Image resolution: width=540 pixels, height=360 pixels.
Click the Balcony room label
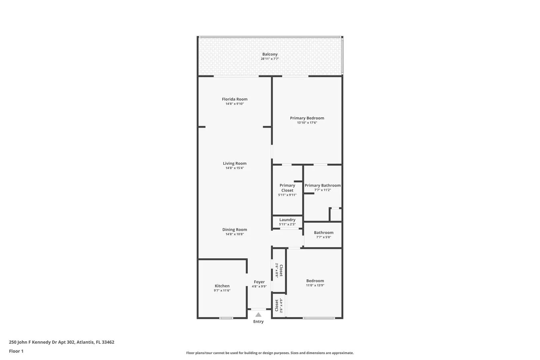click(x=270, y=54)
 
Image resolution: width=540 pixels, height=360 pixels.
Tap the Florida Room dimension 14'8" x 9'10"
click(x=235, y=104)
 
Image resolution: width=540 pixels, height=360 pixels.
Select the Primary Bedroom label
click(x=307, y=118)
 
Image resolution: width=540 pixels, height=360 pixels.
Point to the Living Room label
click(x=235, y=163)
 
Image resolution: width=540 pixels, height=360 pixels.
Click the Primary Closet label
click(x=287, y=188)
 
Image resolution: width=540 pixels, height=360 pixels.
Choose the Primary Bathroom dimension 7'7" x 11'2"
click(x=323, y=190)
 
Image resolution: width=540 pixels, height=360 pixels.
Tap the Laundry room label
click(x=287, y=220)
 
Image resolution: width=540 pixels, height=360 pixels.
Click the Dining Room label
click(x=235, y=230)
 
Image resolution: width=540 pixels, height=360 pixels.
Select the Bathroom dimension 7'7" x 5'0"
click(x=324, y=237)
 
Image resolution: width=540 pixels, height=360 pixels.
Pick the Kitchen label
click(x=222, y=286)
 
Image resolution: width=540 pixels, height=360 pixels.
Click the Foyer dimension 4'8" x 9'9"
click(x=259, y=286)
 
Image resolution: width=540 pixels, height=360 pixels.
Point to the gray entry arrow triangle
click(x=258, y=315)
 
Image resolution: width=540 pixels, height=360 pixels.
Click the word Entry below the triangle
click(x=258, y=322)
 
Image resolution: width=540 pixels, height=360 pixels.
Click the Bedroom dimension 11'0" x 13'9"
click(x=315, y=285)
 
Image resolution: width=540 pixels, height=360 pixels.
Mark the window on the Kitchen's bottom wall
click(x=226, y=318)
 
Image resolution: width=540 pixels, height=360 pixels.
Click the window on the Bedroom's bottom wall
click(x=319, y=318)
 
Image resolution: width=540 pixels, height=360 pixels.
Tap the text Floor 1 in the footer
click(x=16, y=351)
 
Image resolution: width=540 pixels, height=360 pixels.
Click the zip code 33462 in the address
click(x=108, y=342)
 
